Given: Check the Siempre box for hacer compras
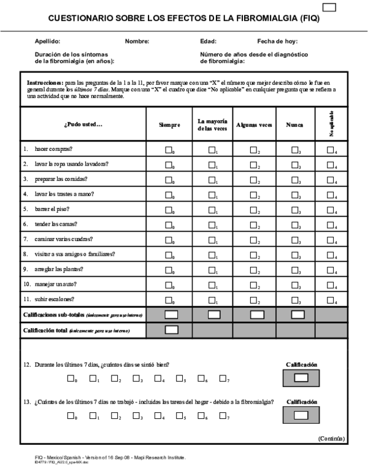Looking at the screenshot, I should (169, 150).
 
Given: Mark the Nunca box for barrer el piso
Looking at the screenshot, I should (295, 209).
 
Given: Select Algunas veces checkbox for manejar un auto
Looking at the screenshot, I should (253, 285).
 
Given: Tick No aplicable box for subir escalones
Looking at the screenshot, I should (330, 299).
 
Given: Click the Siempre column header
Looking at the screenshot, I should (169, 125).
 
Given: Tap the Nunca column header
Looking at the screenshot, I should (294, 125).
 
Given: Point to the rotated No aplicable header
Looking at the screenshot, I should (332, 123).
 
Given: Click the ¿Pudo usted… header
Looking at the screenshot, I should (83, 125).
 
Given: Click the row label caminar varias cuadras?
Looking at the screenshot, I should (60, 239).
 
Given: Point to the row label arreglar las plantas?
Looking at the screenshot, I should (59, 269).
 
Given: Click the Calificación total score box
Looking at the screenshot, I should (172, 330).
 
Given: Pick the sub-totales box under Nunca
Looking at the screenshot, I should (297, 315).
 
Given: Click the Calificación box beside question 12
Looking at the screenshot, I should (301, 378).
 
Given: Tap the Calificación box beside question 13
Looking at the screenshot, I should (301, 415).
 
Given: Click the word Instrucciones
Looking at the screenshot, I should (45, 82).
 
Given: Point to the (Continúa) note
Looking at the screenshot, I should (331, 439).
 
